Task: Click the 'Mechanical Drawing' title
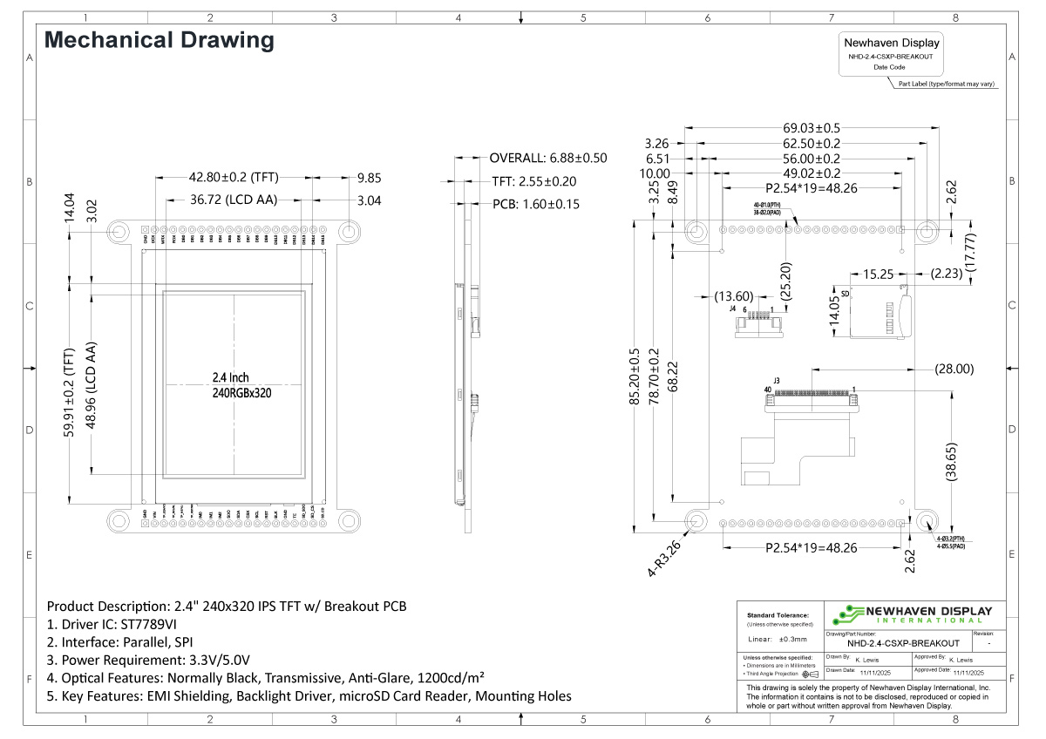tap(160, 40)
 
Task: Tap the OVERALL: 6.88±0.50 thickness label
tap(547, 158)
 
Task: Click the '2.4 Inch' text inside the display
tap(230, 377)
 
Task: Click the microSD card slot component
tap(880, 309)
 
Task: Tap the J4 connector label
tap(733, 308)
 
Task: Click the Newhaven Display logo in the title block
tap(915, 614)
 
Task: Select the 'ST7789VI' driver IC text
tap(146, 624)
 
